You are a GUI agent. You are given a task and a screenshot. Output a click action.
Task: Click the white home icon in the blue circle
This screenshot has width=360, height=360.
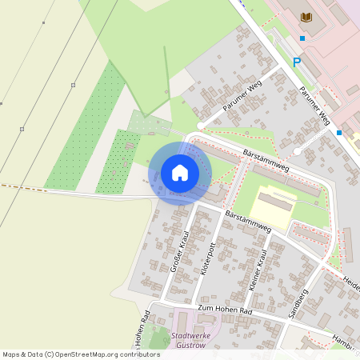click(180, 172)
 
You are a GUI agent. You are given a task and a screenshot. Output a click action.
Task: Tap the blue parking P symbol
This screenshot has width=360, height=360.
click(297, 62)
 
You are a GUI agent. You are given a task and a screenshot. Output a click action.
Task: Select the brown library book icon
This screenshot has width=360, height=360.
click(306, 18)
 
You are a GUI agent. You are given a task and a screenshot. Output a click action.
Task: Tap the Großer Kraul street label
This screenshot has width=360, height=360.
click(179, 252)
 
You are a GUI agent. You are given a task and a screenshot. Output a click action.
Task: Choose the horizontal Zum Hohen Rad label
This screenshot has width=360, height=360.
click(225, 309)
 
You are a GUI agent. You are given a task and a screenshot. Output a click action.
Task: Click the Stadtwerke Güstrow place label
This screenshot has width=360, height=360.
click(190, 341)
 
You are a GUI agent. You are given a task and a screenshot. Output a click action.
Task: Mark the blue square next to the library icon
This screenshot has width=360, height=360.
click(302, 38)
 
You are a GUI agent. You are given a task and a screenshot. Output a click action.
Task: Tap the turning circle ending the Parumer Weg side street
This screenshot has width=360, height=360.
click(298, 150)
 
